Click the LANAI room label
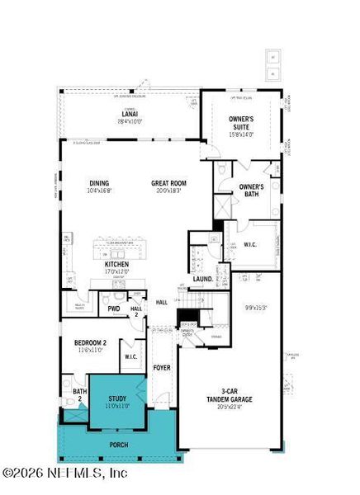pos(130,113)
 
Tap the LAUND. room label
pos(203,279)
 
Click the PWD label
pos(114,309)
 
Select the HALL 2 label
pos(137,311)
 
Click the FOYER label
pos(162,367)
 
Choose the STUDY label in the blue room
pos(117,401)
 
